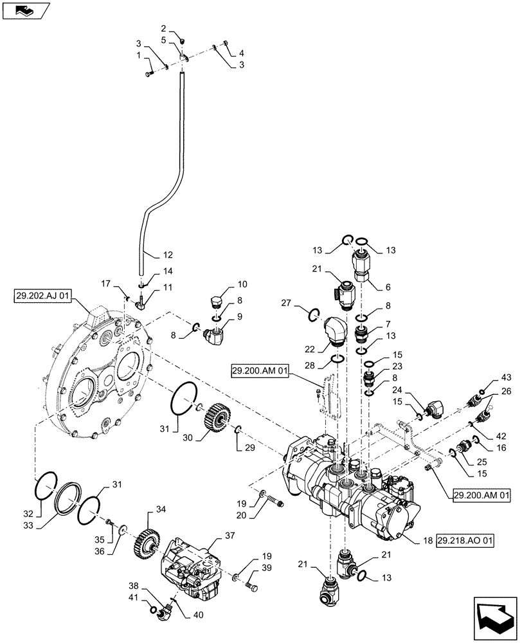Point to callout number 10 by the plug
tap(224, 284)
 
